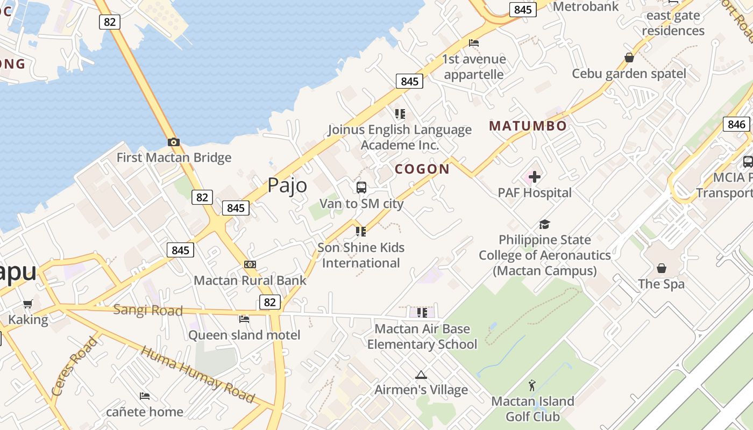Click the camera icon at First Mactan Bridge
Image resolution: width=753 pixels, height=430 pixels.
point(173,142)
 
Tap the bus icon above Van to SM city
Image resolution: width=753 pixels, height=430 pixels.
point(361,188)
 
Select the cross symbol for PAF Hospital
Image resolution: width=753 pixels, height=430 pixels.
point(535,176)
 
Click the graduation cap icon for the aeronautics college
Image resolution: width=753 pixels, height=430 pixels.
point(545,224)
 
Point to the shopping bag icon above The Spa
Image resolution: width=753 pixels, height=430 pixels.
point(662,268)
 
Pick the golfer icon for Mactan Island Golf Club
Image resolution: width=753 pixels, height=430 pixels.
point(532,385)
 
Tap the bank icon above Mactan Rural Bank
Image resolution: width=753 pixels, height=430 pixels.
point(250,264)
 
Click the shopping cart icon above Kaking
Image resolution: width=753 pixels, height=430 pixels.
point(28,304)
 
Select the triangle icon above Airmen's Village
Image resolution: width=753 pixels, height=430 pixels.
point(421,375)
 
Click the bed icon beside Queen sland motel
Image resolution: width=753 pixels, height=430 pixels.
point(244,319)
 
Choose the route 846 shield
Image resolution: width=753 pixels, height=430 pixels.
point(736,124)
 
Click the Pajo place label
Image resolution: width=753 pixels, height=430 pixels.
point(287,185)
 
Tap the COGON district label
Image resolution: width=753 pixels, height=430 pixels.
point(422,169)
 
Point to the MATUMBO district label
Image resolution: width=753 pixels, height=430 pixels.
point(528,126)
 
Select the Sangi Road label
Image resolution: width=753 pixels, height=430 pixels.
point(148,310)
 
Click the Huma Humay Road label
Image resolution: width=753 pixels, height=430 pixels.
point(197,375)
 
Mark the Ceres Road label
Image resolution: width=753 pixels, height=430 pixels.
point(75,367)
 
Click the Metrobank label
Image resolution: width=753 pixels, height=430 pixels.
point(586,6)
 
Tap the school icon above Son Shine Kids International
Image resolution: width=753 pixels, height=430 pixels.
point(361,232)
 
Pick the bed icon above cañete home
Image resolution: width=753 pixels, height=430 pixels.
point(144,396)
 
